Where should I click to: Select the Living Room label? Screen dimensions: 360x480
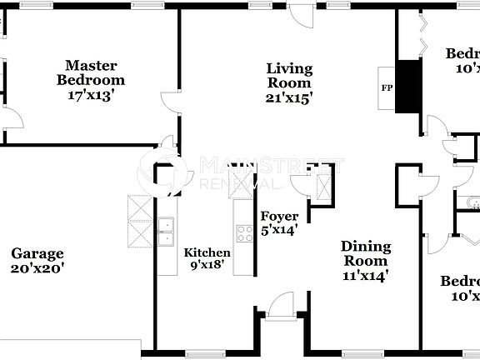(289, 76)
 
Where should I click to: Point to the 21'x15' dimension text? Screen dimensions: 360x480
(289, 97)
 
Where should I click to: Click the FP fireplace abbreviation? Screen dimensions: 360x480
(387, 87)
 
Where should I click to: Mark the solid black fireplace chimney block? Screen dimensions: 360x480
(409, 87)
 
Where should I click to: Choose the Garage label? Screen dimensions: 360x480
(37, 253)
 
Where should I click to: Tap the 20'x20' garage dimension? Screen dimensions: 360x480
(37, 268)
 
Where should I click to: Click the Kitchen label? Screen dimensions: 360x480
(207, 252)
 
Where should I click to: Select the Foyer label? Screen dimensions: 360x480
(279, 216)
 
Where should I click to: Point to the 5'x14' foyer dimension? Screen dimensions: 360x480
(279, 231)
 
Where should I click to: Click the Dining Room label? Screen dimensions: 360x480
(365, 253)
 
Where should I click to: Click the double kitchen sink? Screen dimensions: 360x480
(165, 232)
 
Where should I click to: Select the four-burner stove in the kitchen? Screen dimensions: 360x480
(245, 233)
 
